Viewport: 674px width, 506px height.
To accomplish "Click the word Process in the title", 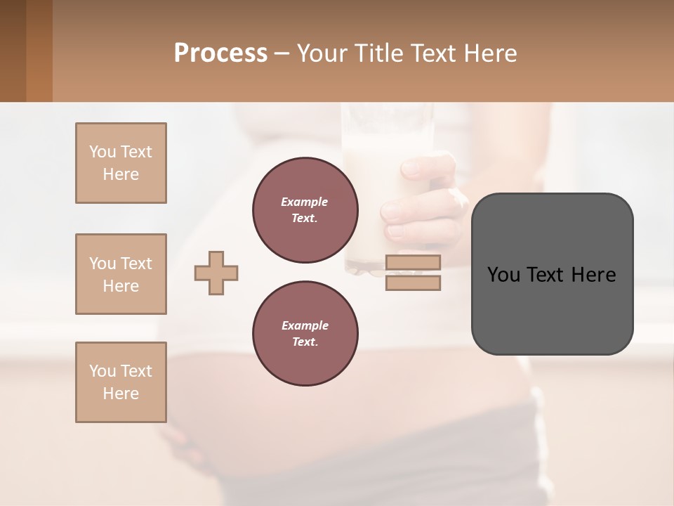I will tap(220, 53).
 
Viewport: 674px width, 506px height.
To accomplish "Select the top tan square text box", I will tap(121, 163).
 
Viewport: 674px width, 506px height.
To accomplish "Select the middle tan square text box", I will tap(121, 274).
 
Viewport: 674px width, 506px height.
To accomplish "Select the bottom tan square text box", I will tap(121, 382).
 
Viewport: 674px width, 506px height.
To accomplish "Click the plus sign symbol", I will tap(216, 273).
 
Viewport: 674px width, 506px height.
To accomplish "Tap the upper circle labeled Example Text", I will tap(305, 209).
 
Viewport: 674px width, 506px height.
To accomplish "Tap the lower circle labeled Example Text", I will tap(305, 333).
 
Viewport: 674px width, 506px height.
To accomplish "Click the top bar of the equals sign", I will tap(413, 263).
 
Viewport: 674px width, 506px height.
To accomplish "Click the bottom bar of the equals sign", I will tap(413, 283).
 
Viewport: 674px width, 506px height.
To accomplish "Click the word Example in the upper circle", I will tap(305, 202).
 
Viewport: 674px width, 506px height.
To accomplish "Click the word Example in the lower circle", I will tap(305, 325).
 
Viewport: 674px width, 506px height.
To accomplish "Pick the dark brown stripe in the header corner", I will tap(13, 51).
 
